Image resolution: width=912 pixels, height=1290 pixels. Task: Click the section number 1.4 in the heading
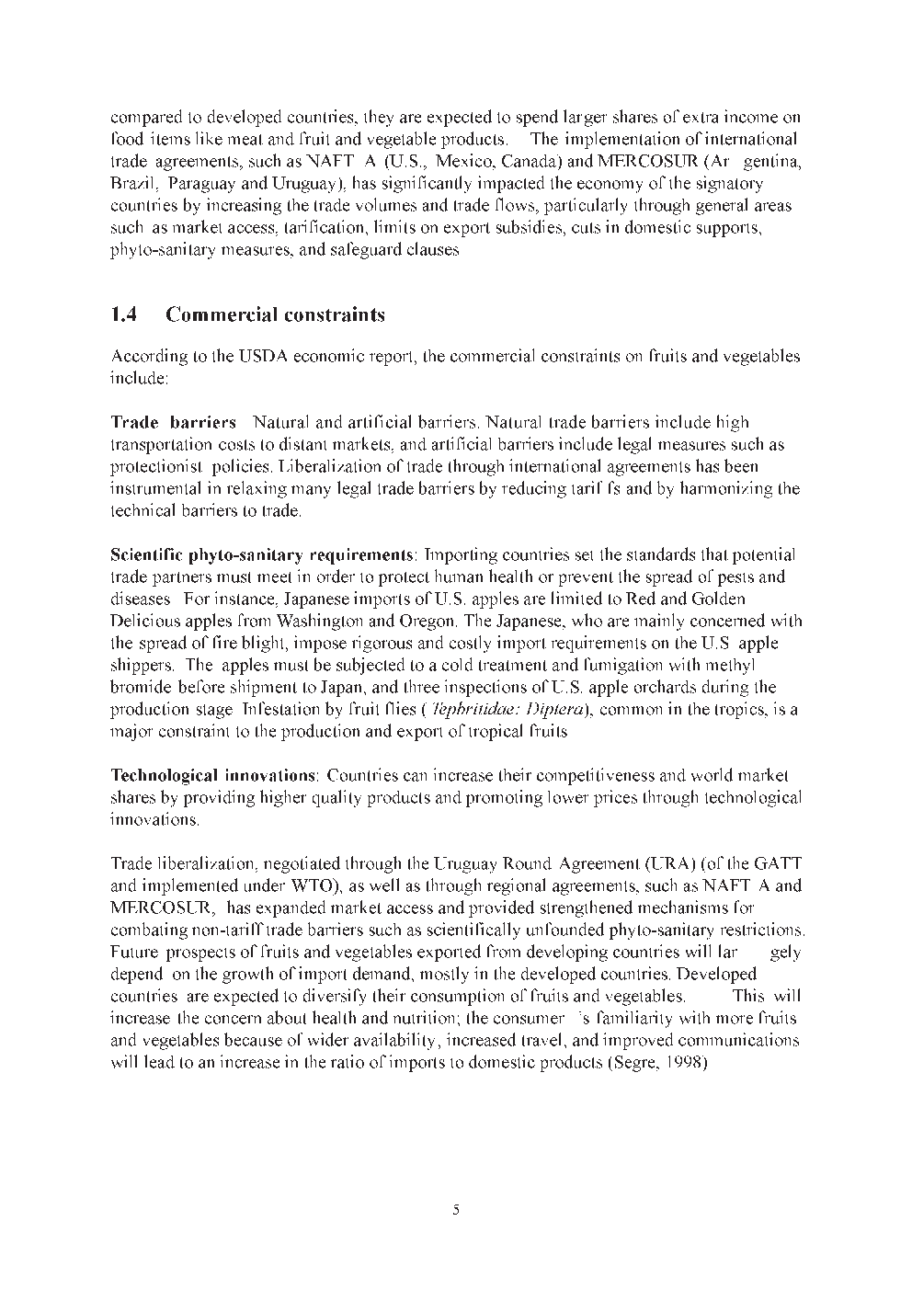point(124,315)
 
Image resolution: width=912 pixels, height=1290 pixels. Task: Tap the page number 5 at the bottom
point(456,1209)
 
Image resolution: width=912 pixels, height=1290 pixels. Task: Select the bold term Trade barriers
point(173,423)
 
